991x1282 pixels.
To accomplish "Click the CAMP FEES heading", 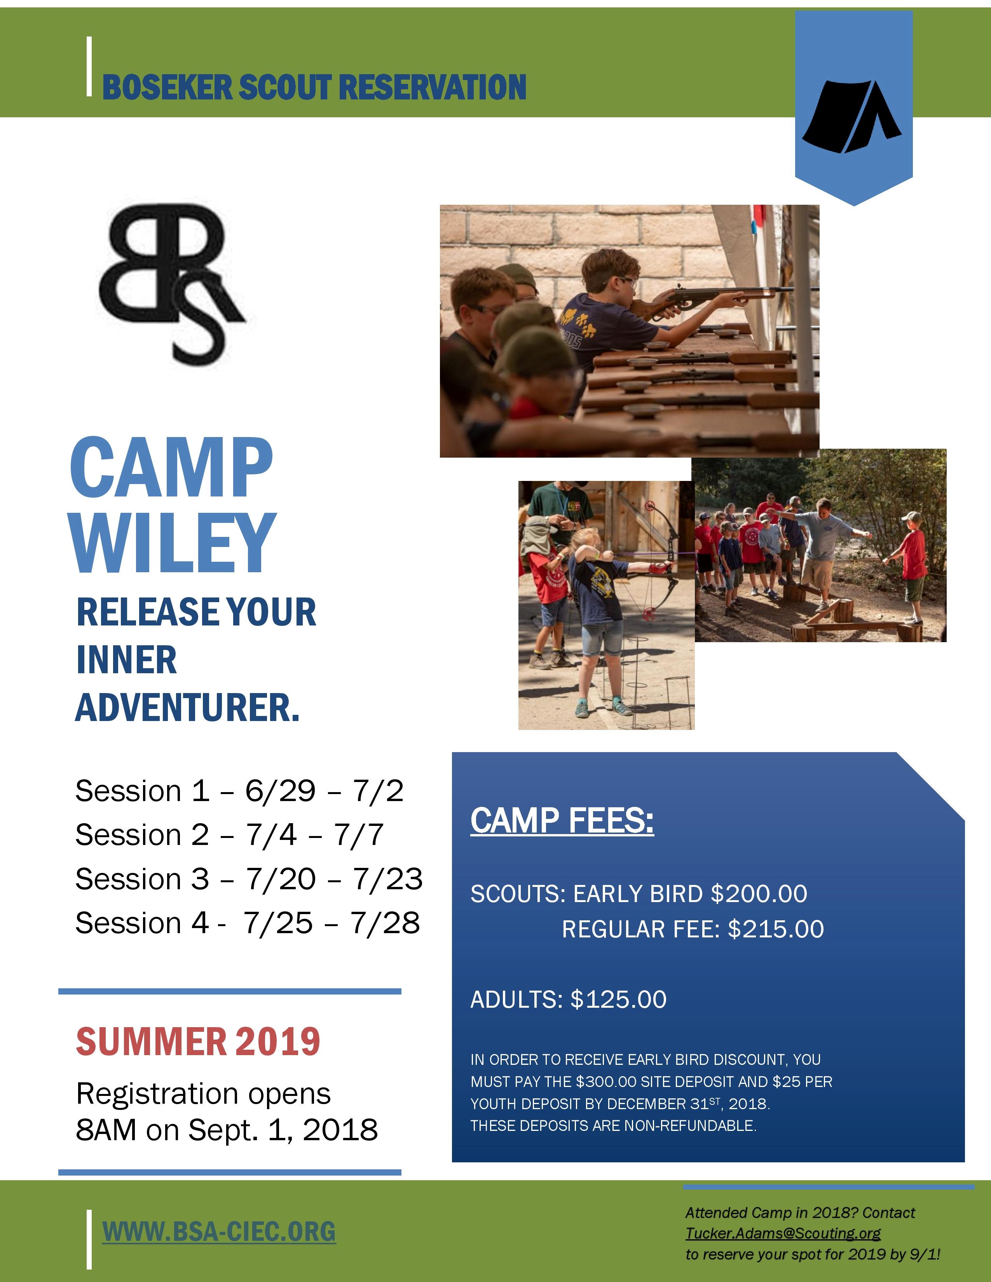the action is coord(562,820).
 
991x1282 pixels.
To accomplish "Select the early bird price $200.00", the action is coord(759,894).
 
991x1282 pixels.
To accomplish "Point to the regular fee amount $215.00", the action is coord(776,929).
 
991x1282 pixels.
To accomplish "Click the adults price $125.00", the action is coord(618,1000).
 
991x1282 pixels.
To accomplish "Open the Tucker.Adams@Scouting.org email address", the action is coord(783,1233).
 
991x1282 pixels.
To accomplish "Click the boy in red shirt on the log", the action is coord(909,566).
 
